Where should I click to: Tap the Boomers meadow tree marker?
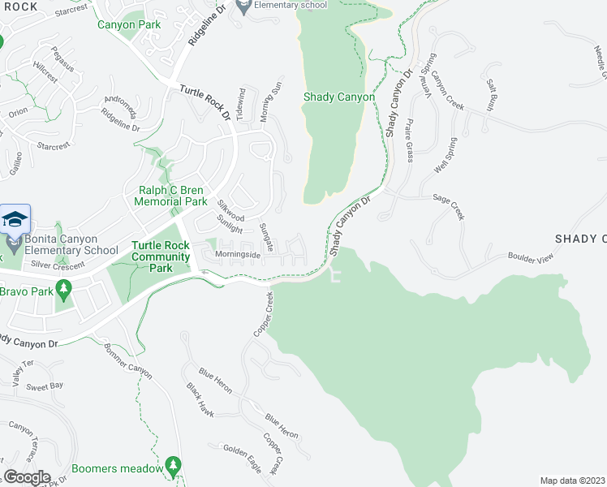coord(172,464)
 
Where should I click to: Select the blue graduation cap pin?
coord(15,221)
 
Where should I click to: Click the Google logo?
coord(27,477)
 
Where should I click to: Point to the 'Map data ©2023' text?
coord(572,481)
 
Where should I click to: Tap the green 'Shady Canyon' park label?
coord(338,97)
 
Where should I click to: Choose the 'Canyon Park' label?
coord(129,25)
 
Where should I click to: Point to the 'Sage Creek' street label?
coord(448,206)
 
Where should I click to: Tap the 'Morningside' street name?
coord(238,255)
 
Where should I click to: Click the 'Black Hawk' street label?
coord(200,401)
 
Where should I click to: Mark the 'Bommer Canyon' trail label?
coord(128,360)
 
